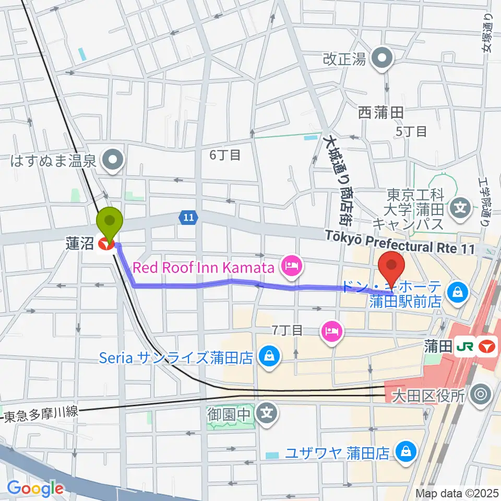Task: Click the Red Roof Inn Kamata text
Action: click(204, 268)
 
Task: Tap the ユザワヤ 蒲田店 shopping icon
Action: click(405, 452)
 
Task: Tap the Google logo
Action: click(35, 488)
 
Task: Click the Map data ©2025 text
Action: click(457, 493)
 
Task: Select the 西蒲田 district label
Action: click(381, 112)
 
